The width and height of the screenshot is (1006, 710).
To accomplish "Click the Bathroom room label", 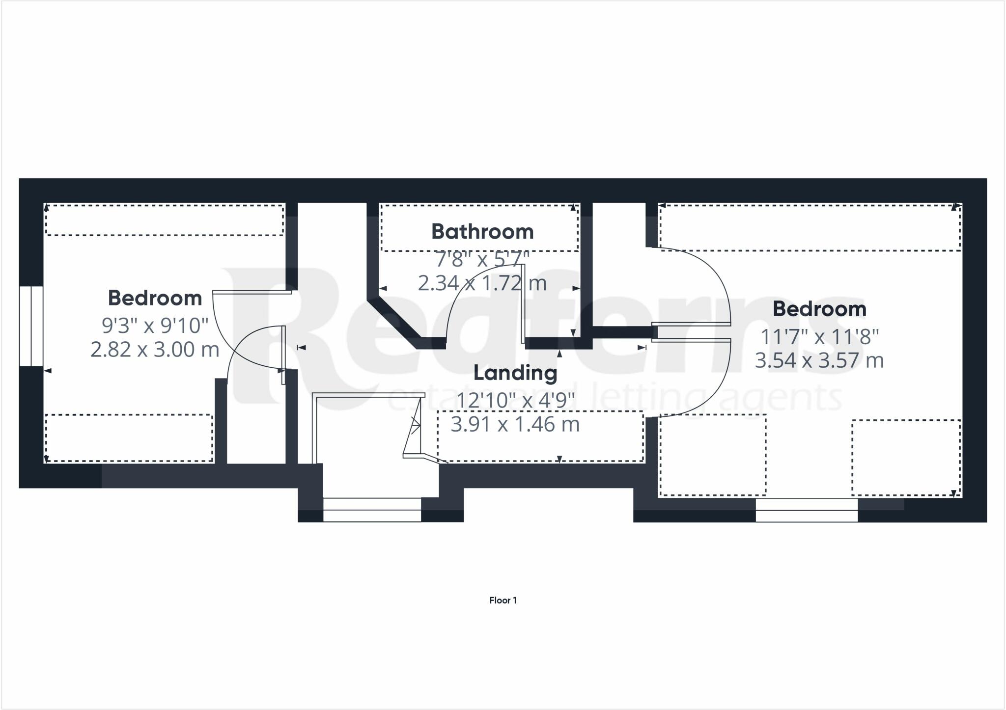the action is point(482,232).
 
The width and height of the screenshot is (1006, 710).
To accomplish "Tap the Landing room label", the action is point(515,373).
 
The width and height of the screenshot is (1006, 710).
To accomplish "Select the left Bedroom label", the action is point(155,298).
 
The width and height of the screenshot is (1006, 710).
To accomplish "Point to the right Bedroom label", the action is point(819,309).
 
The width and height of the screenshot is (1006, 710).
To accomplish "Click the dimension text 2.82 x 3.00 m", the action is point(155,350).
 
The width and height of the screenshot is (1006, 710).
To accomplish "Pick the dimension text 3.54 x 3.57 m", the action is point(819,361).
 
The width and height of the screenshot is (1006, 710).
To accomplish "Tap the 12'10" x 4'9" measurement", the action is point(515,400).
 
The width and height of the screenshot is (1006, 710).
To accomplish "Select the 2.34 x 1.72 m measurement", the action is point(482,283).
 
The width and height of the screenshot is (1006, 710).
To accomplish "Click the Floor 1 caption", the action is point(503,600).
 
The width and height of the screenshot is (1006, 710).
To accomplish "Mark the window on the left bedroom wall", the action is point(31,326).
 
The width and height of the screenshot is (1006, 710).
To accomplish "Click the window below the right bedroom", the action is point(807,510).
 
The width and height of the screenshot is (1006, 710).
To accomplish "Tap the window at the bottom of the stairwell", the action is point(372,510).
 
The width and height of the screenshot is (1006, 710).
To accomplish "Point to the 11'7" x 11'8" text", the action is point(819,337).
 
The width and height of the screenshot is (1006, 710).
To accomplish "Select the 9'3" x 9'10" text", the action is point(155,325).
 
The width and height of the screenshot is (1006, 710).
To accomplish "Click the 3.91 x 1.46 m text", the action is point(515,425).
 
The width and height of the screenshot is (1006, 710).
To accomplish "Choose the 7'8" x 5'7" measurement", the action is point(482,258).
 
